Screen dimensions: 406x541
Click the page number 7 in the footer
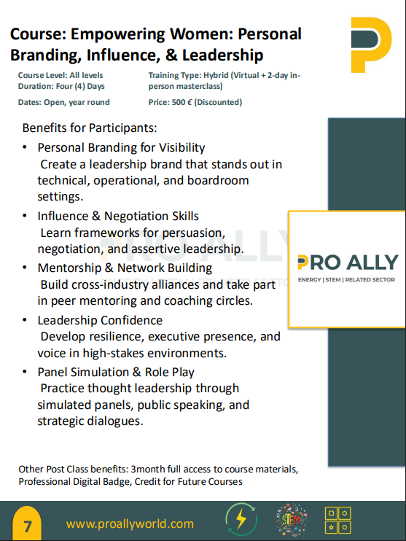pyautogui.click(x=27, y=526)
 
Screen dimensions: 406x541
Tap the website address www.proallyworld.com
pyautogui.click(x=130, y=524)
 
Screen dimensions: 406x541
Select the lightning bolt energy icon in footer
pyautogui.click(x=241, y=519)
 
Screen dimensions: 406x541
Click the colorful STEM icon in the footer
pyautogui.click(x=291, y=520)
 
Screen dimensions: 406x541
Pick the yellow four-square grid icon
pyautogui.click(x=338, y=520)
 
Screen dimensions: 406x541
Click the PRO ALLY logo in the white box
pyautogui.click(x=348, y=262)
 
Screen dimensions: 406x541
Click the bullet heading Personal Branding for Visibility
pyautogui.click(x=122, y=148)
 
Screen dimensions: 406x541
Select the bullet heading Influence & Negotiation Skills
pyautogui.click(x=118, y=217)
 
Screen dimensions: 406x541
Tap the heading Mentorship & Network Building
pyautogui.click(x=125, y=268)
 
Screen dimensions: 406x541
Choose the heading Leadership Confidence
pyautogui.click(x=100, y=321)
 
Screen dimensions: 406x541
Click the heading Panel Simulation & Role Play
pyautogui.click(x=116, y=373)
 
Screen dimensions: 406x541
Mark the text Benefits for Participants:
pyautogui.click(x=90, y=128)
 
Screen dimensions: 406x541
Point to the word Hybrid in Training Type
pyautogui.click(x=216, y=76)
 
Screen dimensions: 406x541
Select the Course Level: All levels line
pyautogui.click(x=60, y=76)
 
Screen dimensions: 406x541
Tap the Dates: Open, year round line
pyautogui.click(x=64, y=103)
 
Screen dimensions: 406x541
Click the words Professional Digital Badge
pyautogui.click(x=74, y=482)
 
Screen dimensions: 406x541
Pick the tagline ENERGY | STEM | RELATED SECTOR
pyautogui.click(x=346, y=280)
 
